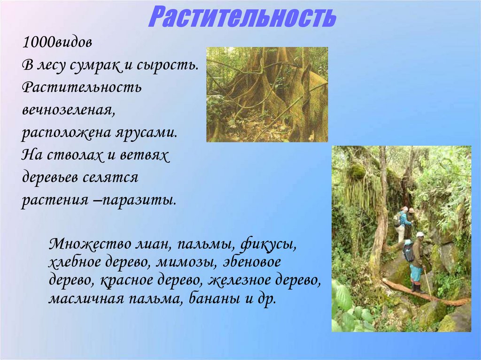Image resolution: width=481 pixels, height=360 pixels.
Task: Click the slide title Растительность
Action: pyautogui.click(x=243, y=17)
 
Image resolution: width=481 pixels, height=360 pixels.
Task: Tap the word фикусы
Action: pyautogui.click(x=269, y=244)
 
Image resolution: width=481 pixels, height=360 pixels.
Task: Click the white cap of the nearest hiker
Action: pyautogui.click(x=420, y=234)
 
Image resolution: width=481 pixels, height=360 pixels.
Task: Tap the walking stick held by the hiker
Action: pyautogui.click(x=428, y=282)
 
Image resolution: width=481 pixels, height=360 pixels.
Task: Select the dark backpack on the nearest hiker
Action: pyautogui.click(x=409, y=252)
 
